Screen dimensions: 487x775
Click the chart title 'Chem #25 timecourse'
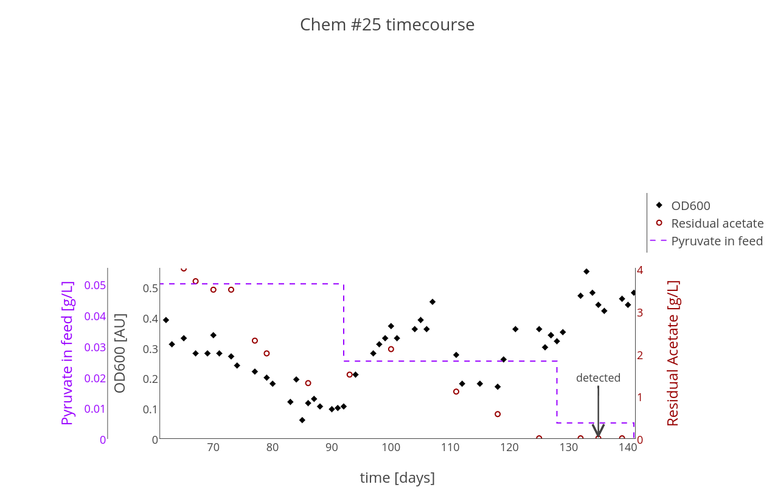tap(387, 25)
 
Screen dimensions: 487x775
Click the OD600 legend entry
tap(690, 206)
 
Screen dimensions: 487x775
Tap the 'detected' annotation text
tap(598, 378)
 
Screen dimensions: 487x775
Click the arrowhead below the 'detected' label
tap(598, 432)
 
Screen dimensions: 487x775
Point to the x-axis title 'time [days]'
tap(397, 478)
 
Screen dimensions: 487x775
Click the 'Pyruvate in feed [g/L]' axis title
tap(68, 353)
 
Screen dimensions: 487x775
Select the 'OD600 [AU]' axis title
tap(120, 353)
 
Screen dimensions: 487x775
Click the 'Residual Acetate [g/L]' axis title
tap(673, 353)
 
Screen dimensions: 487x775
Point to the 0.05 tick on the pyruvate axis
tap(95, 286)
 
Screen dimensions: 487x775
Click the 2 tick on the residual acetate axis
tap(640, 355)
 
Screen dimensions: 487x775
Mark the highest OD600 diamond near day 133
tap(586, 272)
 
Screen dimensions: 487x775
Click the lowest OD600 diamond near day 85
tap(302, 420)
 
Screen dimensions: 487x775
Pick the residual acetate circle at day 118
tap(498, 414)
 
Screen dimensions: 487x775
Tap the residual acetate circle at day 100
tap(391, 349)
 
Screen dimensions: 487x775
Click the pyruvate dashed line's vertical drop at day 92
tap(344, 323)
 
